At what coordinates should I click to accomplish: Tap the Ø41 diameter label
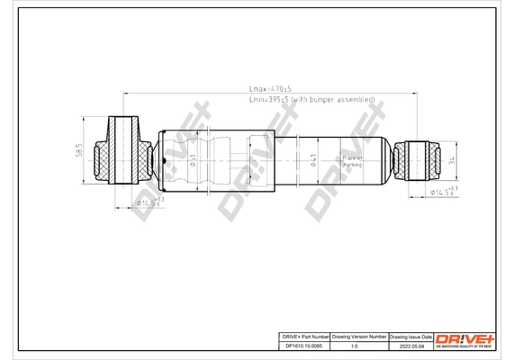point(312,161)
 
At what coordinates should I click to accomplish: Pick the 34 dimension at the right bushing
point(451,161)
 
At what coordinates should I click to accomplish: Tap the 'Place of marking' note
point(352,161)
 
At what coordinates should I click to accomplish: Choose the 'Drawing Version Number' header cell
point(359,335)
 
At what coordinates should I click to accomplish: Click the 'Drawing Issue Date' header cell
point(410,335)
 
